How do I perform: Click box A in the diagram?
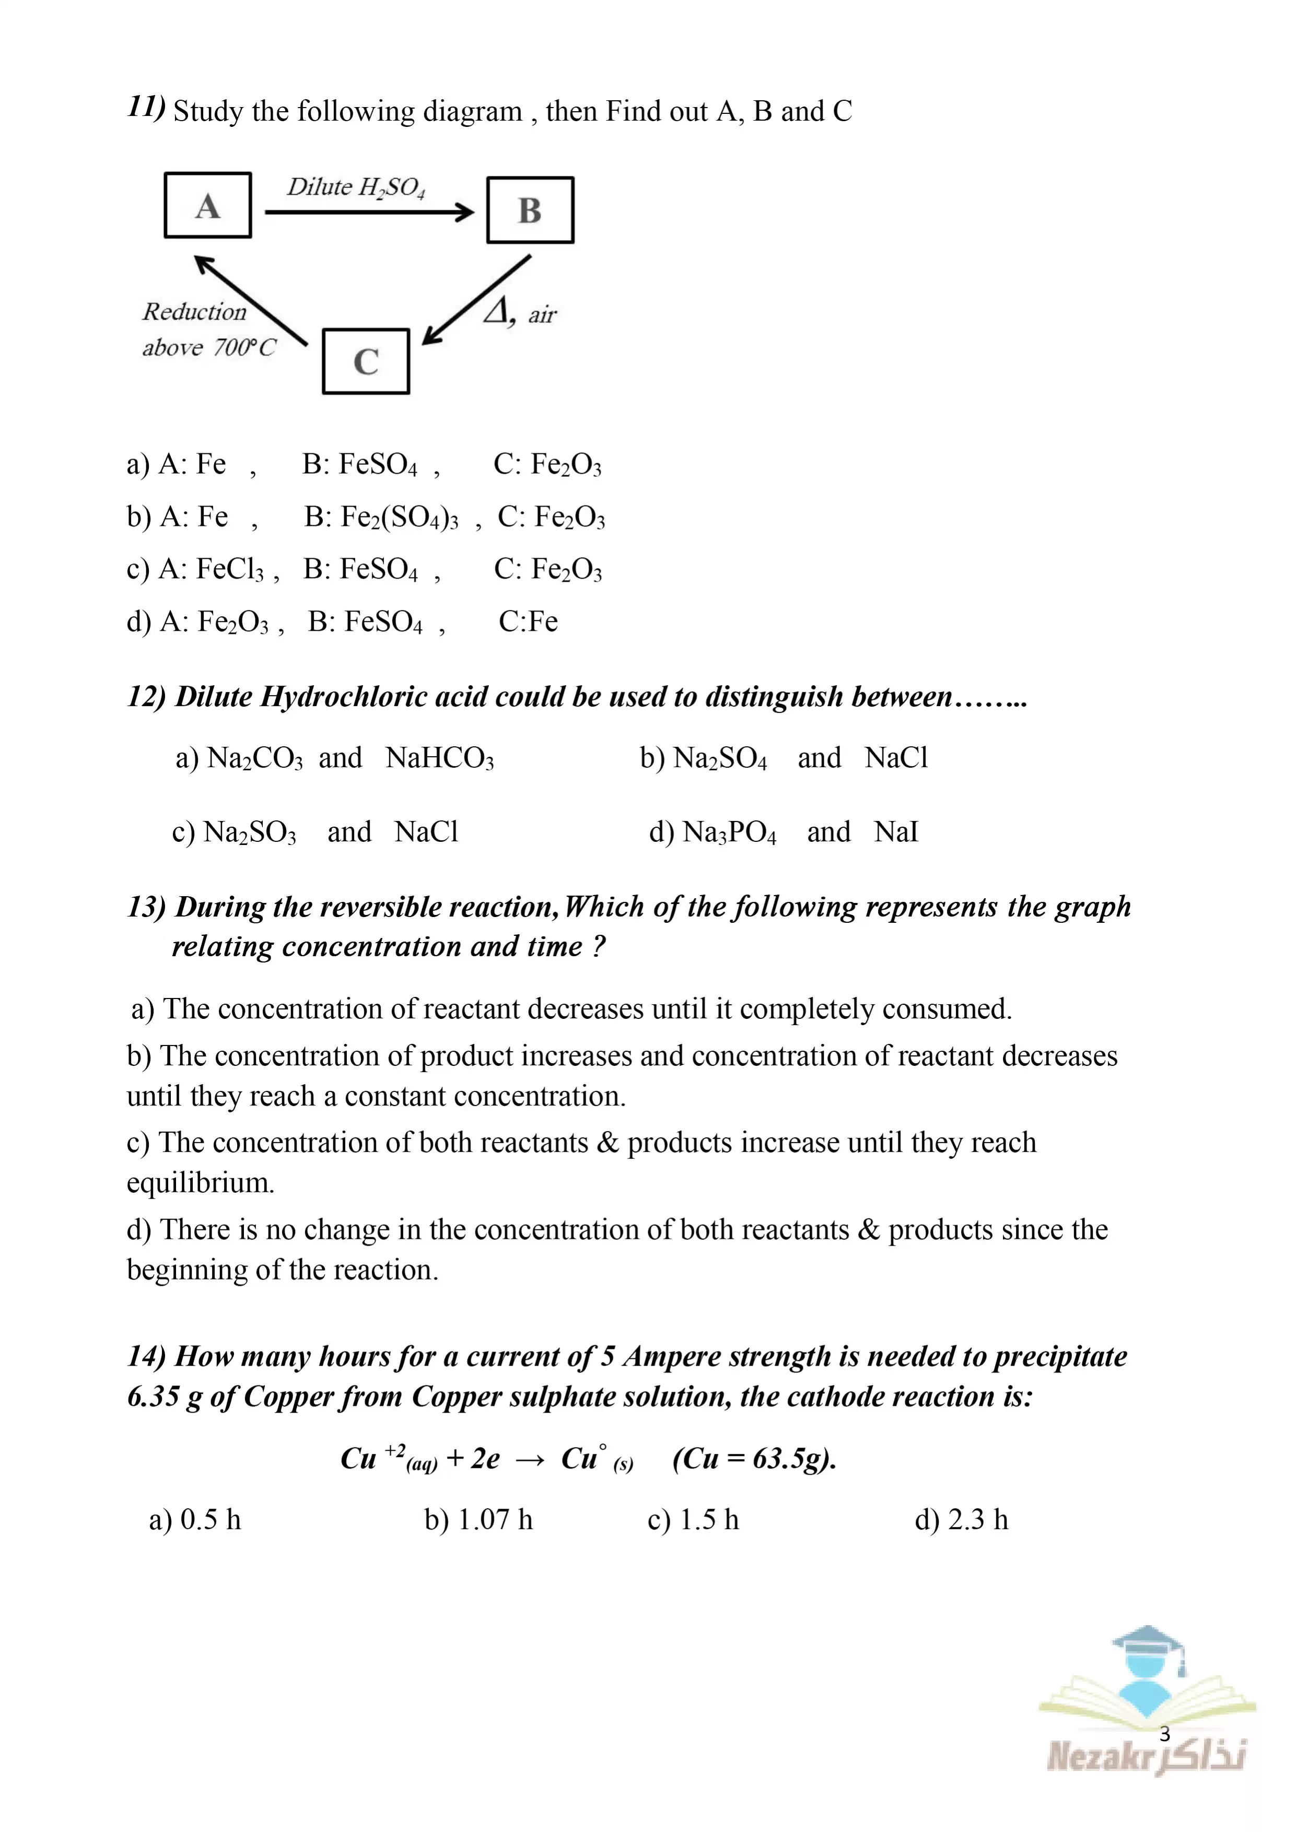click(207, 205)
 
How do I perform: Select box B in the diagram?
click(530, 210)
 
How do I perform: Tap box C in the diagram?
click(366, 361)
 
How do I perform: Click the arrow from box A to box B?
click(369, 212)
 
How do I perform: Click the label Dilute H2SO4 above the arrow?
click(356, 187)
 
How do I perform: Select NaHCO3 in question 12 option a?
click(440, 758)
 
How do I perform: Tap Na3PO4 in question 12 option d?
click(729, 832)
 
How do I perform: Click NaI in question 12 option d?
click(896, 832)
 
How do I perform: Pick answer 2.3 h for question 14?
click(977, 1520)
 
